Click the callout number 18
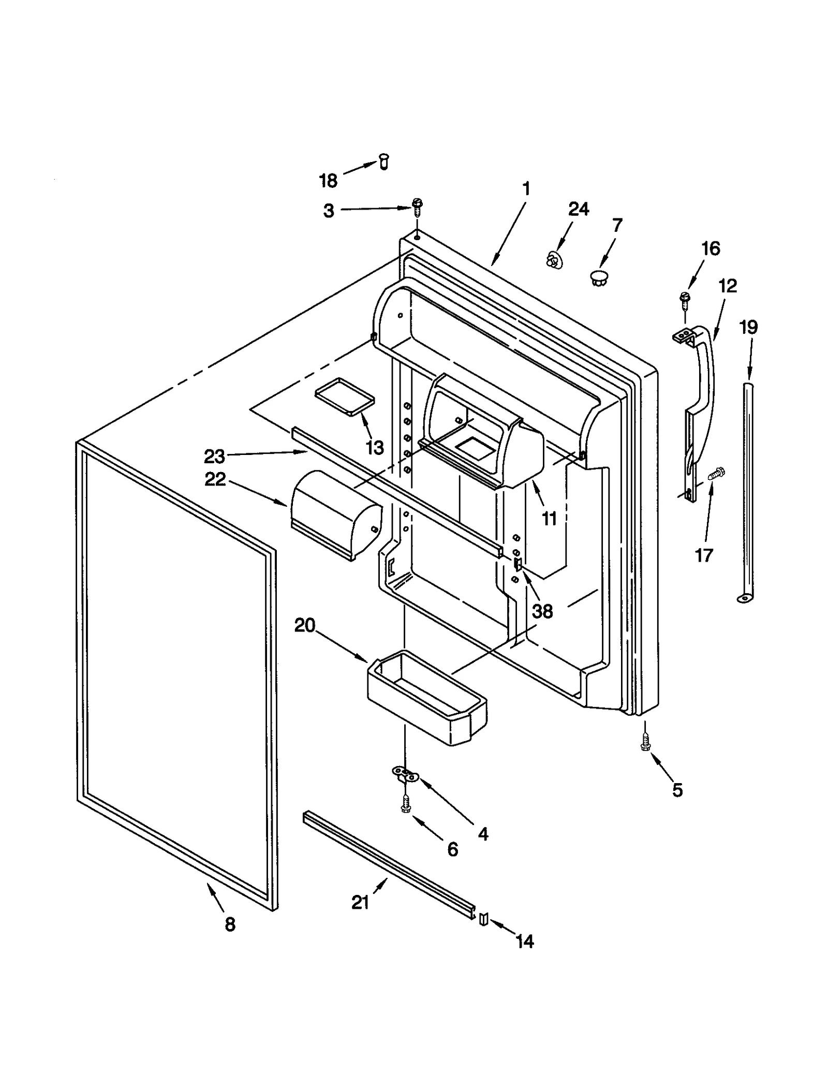pos(328,181)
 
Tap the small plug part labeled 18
pos(384,161)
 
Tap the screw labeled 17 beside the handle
pos(716,473)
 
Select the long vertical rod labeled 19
pos(747,492)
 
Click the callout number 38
pos(542,611)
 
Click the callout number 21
pos(360,902)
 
